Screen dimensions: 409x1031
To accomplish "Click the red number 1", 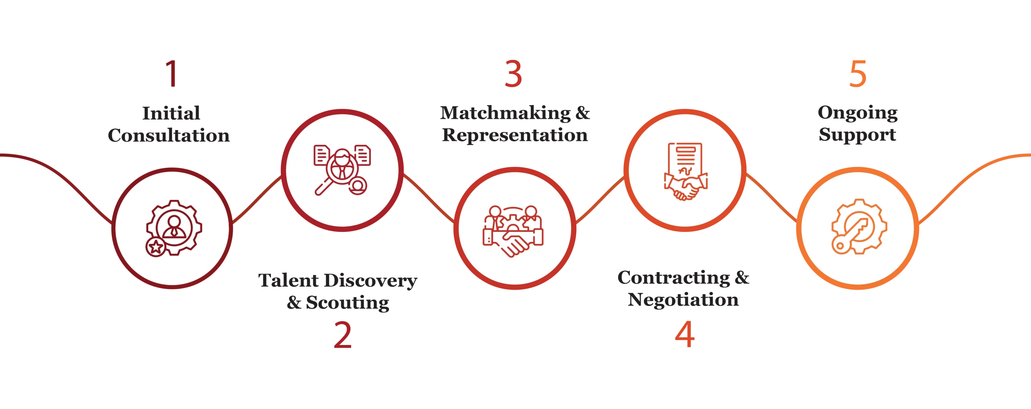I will click(x=172, y=73).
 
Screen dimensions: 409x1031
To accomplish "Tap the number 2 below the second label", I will click(x=343, y=335).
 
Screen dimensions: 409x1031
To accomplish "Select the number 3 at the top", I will click(x=513, y=74).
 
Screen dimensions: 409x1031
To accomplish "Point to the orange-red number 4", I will click(x=685, y=335).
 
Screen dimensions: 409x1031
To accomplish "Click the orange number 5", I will click(x=857, y=74).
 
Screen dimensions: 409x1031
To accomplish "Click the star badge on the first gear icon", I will click(x=155, y=247).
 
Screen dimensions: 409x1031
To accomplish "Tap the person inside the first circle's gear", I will click(x=174, y=226).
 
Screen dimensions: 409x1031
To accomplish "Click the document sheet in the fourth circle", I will click(x=685, y=159).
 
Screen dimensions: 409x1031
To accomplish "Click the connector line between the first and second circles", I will click(x=257, y=199).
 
